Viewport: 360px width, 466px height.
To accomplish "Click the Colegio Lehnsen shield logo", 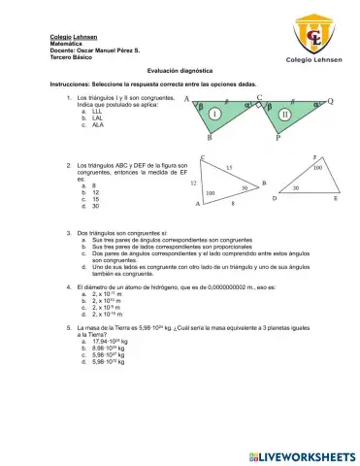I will click(313, 31).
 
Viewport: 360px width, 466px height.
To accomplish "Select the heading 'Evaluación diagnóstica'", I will click(180, 71).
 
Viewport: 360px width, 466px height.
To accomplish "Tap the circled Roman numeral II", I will click(283, 114).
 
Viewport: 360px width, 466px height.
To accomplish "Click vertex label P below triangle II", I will click(277, 139).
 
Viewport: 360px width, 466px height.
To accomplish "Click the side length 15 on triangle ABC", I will click(228, 169).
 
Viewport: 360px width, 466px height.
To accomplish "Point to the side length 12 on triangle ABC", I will click(194, 183).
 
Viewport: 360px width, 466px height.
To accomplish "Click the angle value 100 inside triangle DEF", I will click(316, 168).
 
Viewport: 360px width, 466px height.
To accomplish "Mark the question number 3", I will click(68, 235).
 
